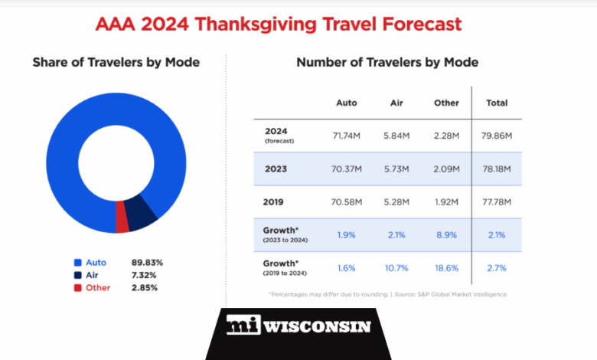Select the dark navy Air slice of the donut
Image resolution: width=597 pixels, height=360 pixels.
[142, 214]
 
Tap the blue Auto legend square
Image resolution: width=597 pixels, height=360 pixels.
[77, 263]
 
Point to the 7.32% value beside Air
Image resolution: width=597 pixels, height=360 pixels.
[147, 275]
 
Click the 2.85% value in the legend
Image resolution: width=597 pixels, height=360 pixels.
[147, 288]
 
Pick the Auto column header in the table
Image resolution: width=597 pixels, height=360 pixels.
[347, 103]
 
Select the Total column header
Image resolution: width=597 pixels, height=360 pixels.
[497, 103]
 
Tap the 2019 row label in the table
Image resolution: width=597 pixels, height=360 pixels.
[273, 202]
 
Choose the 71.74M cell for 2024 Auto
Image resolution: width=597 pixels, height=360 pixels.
[347, 136]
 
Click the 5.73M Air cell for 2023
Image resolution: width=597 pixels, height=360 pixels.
[396, 169]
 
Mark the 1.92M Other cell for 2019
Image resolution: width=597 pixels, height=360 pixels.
[445, 202]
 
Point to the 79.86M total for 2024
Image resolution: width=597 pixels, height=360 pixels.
[497, 136]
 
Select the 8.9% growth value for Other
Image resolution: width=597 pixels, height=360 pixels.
[445, 235]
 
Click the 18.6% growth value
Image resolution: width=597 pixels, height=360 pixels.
[445, 268]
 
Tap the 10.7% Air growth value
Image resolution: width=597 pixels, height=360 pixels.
[396, 268]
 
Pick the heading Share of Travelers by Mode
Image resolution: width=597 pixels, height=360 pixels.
[116, 62]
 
